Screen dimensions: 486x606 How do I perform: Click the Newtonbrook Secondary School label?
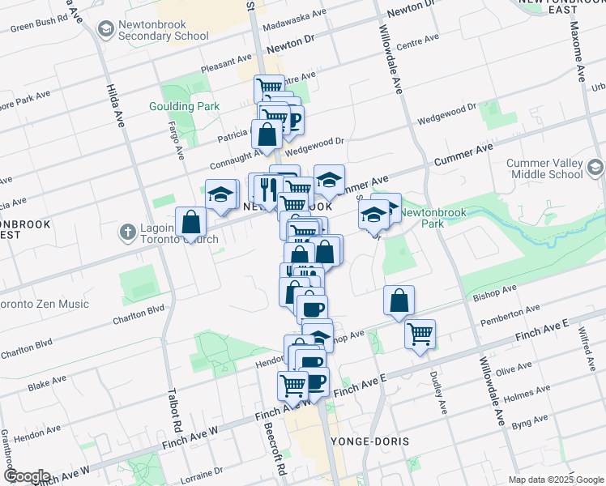click(162, 30)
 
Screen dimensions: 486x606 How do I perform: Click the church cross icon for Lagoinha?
click(127, 233)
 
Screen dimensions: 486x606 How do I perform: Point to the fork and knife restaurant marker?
click(267, 190)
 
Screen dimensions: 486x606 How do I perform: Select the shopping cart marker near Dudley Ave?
click(420, 333)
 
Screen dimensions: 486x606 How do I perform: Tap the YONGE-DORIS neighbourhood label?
click(370, 441)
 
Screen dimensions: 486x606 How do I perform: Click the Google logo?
click(26, 476)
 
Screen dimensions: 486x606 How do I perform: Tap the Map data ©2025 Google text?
click(555, 480)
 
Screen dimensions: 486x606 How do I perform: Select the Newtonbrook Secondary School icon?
click(105, 30)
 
